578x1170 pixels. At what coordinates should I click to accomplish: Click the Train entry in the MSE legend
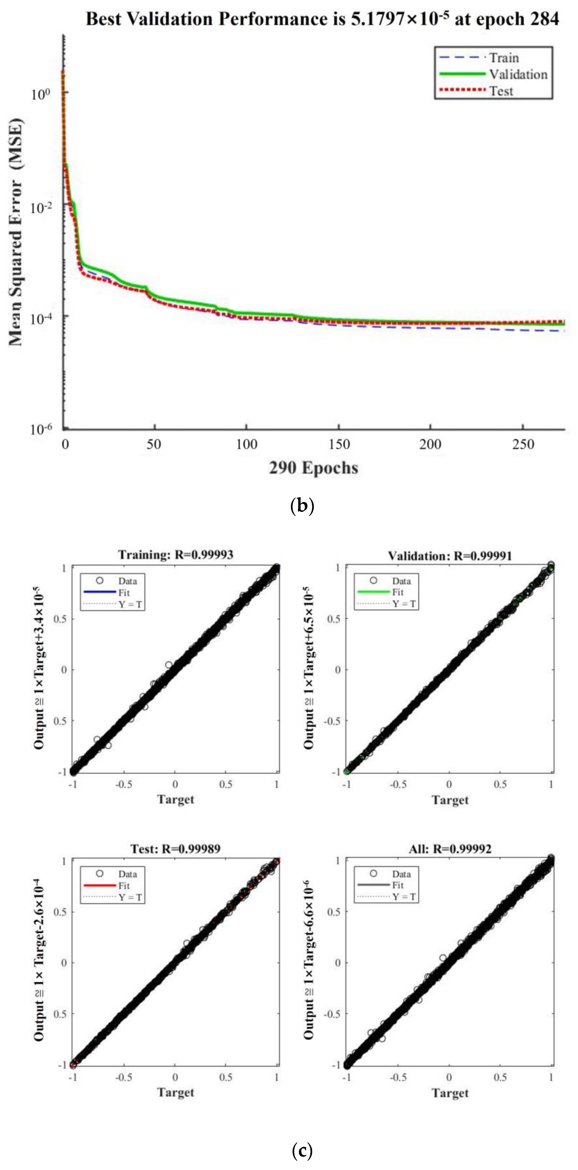(x=503, y=58)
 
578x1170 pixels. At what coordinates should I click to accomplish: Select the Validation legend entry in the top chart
(x=518, y=75)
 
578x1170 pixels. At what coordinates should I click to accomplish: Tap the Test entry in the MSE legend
(x=501, y=91)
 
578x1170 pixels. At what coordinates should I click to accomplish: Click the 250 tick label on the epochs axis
(x=523, y=444)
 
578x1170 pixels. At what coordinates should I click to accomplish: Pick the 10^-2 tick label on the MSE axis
(x=41, y=207)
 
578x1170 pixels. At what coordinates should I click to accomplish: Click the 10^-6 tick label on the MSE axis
(x=41, y=429)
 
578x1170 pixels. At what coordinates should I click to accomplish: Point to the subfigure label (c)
(x=302, y=1150)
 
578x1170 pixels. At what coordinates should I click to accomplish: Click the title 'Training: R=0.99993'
(x=176, y=554)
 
